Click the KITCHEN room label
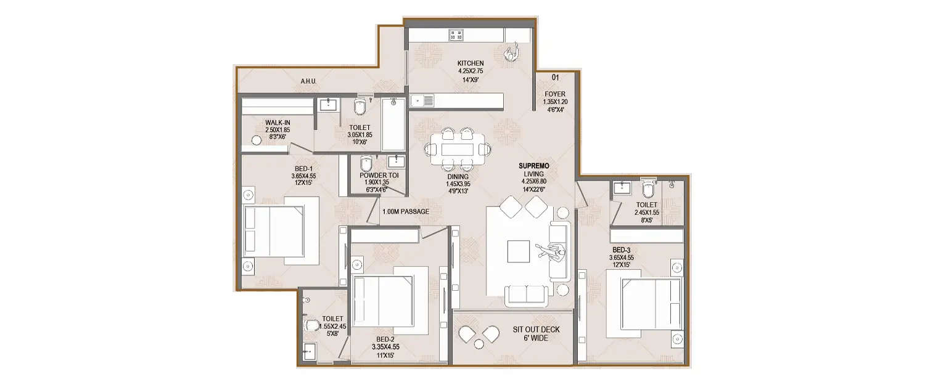click(470, 63)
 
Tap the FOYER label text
click(554, 94)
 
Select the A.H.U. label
click(308, 81)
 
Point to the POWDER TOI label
click(379, 176)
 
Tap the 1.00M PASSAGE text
click(405, 212)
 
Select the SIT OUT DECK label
click(536, 330)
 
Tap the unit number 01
click(554, 78)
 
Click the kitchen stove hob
click(456, 35)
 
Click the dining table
click(458, 149)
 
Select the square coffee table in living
click(517, 250)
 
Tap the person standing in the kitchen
click(511, 53)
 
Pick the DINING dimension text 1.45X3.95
click(458, 184)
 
